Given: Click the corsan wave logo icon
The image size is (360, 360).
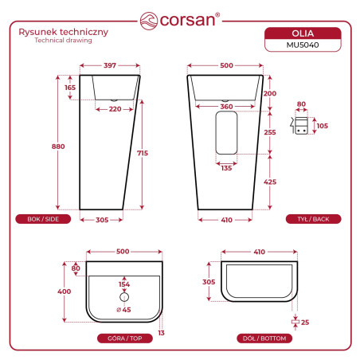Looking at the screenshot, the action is [149, 21].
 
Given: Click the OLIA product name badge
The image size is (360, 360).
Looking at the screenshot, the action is [303, 33].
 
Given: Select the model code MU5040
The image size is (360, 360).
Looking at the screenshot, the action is [303, 45].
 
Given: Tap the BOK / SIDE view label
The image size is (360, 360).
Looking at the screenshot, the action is [43, 219].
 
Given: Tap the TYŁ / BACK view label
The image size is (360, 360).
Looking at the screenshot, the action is [313, 219].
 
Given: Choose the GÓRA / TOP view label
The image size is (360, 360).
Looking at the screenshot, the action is [125, 338].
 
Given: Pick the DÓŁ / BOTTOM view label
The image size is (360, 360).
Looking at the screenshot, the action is [264, 338].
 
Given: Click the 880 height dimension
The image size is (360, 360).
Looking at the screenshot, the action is [58, 147].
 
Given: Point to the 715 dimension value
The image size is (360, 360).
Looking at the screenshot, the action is [143, 153].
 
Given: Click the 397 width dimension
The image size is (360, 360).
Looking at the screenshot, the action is [110, 65].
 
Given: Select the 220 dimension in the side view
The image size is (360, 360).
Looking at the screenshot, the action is [115, 109].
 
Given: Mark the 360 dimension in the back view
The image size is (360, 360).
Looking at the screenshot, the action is [226, 107].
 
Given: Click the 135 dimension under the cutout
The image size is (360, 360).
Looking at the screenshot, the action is [226, 168].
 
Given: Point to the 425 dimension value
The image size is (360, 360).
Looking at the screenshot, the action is [270, 182].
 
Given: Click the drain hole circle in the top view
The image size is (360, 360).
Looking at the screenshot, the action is [124, 297].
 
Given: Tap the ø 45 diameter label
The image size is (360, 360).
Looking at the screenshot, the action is [123, 310].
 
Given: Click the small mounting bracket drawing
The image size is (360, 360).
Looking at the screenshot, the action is [299, 126].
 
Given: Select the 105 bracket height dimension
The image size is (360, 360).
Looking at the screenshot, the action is [323, 126].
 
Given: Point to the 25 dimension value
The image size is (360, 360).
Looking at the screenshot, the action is [305, 323].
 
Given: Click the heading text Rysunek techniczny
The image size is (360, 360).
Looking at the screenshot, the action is [64, 32].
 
